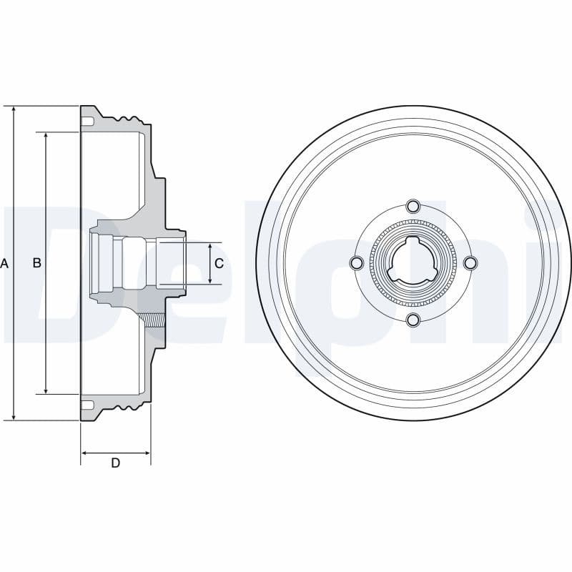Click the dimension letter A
coord(4,263)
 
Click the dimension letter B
coord(37,263)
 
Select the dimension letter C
coord(219,263)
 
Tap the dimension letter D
coord(115,463)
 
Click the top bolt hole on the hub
coord(413,207)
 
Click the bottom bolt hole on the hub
coord(413,320)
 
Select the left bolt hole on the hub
coord(356,263)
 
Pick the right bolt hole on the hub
coord(470,263)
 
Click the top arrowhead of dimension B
coord(46,136)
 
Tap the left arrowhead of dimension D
coord(84,453)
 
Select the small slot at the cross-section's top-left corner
coord(87,122)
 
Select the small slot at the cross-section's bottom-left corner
coord(87,405)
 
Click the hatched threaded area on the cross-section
coord(153,321)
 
